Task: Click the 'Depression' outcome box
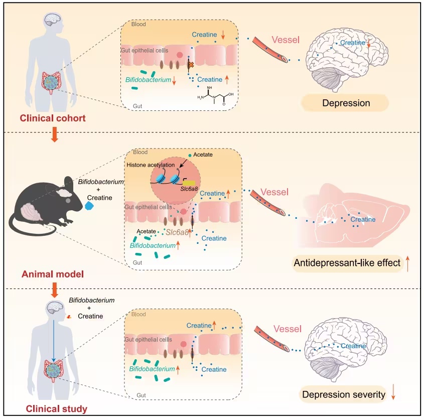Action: pyautogui.click(x=345, y=103)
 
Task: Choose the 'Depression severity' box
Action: pyautogui.click(x=343, y=395)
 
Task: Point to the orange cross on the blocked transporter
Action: pyautogui.click(x=191, y=65)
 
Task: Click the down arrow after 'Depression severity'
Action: pyautogui.click(x=394, y=395)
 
